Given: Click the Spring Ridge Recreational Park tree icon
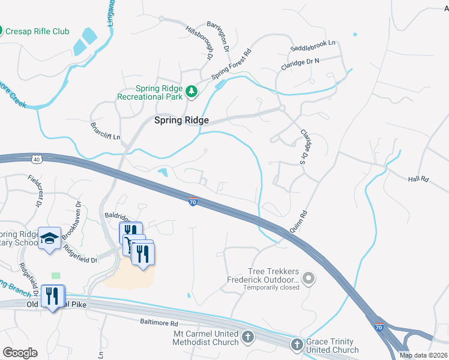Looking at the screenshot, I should [191, 91].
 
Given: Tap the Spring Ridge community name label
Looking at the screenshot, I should [181, 121].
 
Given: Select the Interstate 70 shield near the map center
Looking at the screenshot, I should [193, 203].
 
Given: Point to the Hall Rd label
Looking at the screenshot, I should [420, 179].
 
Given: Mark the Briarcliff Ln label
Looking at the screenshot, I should [105, 131].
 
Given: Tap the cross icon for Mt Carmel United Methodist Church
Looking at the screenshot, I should [247, 337].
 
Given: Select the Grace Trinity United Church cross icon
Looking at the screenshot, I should [297, 344].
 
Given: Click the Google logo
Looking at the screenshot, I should [20, 352].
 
